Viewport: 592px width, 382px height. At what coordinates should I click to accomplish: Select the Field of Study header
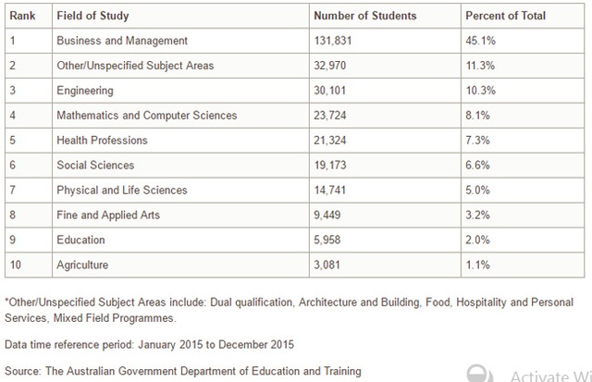92,17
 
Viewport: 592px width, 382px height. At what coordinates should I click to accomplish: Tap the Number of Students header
364,17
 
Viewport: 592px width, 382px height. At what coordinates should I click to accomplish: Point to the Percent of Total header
505,17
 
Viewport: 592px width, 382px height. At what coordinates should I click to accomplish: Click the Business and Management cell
122,41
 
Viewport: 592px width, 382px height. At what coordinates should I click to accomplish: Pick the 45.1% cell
480,41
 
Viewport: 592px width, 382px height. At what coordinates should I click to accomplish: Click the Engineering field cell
85,91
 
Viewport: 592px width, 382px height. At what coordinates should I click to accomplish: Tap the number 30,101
332,91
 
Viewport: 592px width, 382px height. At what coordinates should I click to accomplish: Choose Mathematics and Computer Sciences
146,116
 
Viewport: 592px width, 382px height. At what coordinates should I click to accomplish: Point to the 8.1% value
477,116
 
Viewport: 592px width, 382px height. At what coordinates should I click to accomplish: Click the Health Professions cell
102,141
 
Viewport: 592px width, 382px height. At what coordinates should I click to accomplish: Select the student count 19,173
332,166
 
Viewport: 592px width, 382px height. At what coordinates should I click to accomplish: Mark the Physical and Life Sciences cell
121,191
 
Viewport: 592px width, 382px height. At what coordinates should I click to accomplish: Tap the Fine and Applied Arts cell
108,216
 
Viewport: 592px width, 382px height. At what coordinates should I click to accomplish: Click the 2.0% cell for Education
477,240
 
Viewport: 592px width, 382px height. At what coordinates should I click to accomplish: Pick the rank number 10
15,265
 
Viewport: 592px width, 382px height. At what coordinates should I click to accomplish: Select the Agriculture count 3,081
329,265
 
